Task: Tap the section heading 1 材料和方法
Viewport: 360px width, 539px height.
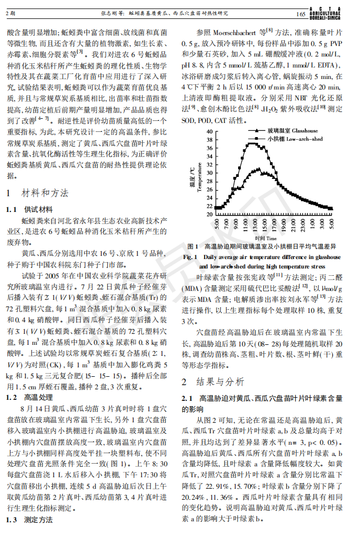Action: coord(37,193)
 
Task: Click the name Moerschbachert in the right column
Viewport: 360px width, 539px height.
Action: coord(233,31)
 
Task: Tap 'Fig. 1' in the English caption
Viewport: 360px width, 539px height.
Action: coord(189,257)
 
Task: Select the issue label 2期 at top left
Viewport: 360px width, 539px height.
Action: coord(10,13)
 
